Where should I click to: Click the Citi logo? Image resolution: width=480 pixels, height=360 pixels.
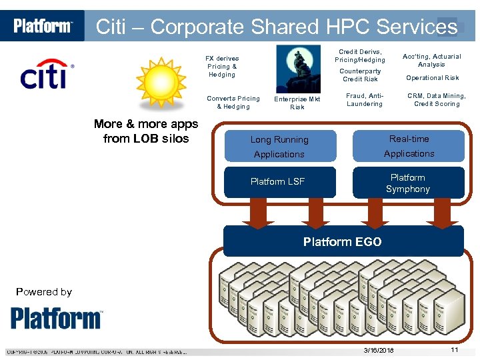[x=47, y=75]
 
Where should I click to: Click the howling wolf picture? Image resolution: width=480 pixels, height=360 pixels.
[x=297, y=69]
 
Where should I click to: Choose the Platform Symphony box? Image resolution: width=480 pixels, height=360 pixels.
[x=408, y=183]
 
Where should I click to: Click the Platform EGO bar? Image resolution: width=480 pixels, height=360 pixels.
[x=342, y=241]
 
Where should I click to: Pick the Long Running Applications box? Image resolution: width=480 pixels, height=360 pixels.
[x=279, y=147]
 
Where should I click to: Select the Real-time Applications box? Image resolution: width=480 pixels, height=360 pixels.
[x=409, y=146]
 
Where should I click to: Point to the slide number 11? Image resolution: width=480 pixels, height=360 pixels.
[x=454, y=350]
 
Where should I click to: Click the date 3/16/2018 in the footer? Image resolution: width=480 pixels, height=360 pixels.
[x=379, y=351]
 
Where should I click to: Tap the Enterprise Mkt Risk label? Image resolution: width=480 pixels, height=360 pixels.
[x=297, y=103]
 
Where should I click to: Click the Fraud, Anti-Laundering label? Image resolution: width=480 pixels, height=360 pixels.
[x=364, y=100]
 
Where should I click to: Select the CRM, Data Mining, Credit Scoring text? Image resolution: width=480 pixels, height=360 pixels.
[x=437, y=100]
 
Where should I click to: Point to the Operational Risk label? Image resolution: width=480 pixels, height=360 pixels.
[x=432, y=78]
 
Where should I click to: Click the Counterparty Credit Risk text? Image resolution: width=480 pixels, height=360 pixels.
[x=360, y=75]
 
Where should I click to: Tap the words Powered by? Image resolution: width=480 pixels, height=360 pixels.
[x=43, y=291]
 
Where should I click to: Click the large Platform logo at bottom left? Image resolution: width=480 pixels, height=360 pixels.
[x=57, y=318]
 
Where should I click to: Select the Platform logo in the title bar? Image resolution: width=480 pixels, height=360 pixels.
[x=43, y=26]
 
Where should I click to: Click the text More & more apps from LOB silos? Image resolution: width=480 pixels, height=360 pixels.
[x=146, y=131]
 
